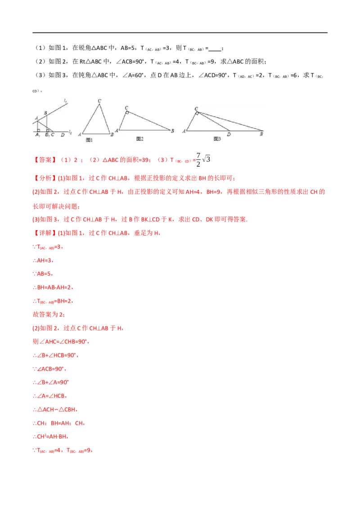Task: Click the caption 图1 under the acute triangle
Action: [89, 140]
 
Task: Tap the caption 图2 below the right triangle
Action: [139, 139]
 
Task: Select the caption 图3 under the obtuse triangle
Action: [217, 139]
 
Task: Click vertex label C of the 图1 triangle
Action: [99, 101]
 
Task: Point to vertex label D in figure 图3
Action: [229, 134]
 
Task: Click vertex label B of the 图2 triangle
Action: [172, 131]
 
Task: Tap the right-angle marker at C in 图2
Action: [127, 113]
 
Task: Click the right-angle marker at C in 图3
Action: [197, 114]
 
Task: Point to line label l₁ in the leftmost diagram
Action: [65, 101]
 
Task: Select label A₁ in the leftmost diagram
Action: [38, 135]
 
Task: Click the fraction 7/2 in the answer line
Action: [198, 160]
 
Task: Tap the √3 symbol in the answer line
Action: [206, 159]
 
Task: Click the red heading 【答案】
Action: [45, 160]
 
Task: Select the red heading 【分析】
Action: [45, 178]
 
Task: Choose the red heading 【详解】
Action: [45, 233]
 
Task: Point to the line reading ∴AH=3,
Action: [43, 260]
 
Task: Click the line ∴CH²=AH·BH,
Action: [50, 437]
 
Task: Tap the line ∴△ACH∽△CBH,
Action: [55, 410]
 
